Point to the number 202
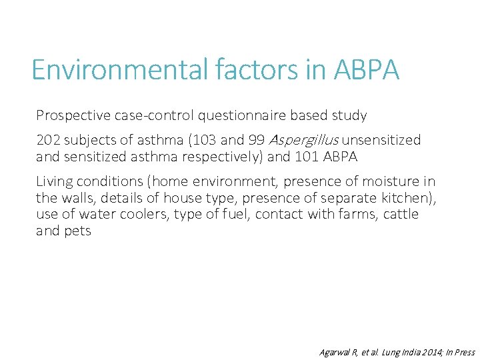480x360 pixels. pos(48,140)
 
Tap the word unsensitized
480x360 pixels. pos(382,140)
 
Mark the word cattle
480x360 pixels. pos(401,215)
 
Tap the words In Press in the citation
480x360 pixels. pos(458,352)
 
